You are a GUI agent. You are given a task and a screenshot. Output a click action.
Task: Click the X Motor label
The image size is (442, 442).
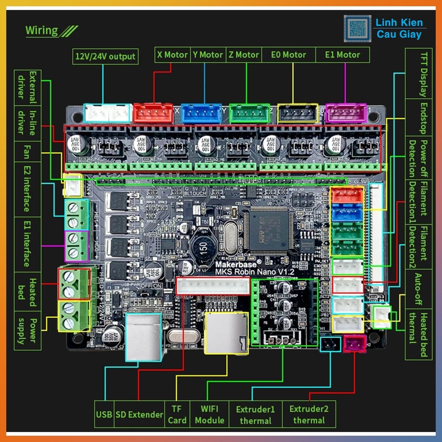click(172, 55)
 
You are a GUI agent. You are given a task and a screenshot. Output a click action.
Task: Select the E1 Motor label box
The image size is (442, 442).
click(342, 55)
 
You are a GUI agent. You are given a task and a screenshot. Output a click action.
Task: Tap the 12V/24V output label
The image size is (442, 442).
click(105, 56)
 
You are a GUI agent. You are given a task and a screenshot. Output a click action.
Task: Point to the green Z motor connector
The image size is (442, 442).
click(249, 113)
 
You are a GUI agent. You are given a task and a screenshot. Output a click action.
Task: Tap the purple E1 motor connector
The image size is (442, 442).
click(345, 113)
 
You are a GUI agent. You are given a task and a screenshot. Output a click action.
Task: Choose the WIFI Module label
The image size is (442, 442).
click(209, 414)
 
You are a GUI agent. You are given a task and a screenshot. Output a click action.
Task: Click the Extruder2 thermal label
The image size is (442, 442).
click(309, 414)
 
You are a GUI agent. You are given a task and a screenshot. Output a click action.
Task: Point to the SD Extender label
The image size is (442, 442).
click(139, 414)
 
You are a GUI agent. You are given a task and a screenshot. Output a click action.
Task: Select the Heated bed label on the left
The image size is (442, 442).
click(28, 291)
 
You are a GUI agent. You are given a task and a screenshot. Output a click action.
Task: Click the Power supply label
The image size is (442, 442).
click(28, 330)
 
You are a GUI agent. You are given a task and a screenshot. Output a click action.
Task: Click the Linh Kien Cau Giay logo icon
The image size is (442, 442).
click(357, 28)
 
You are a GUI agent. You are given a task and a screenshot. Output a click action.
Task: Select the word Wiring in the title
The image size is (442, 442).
click(41, 31)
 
